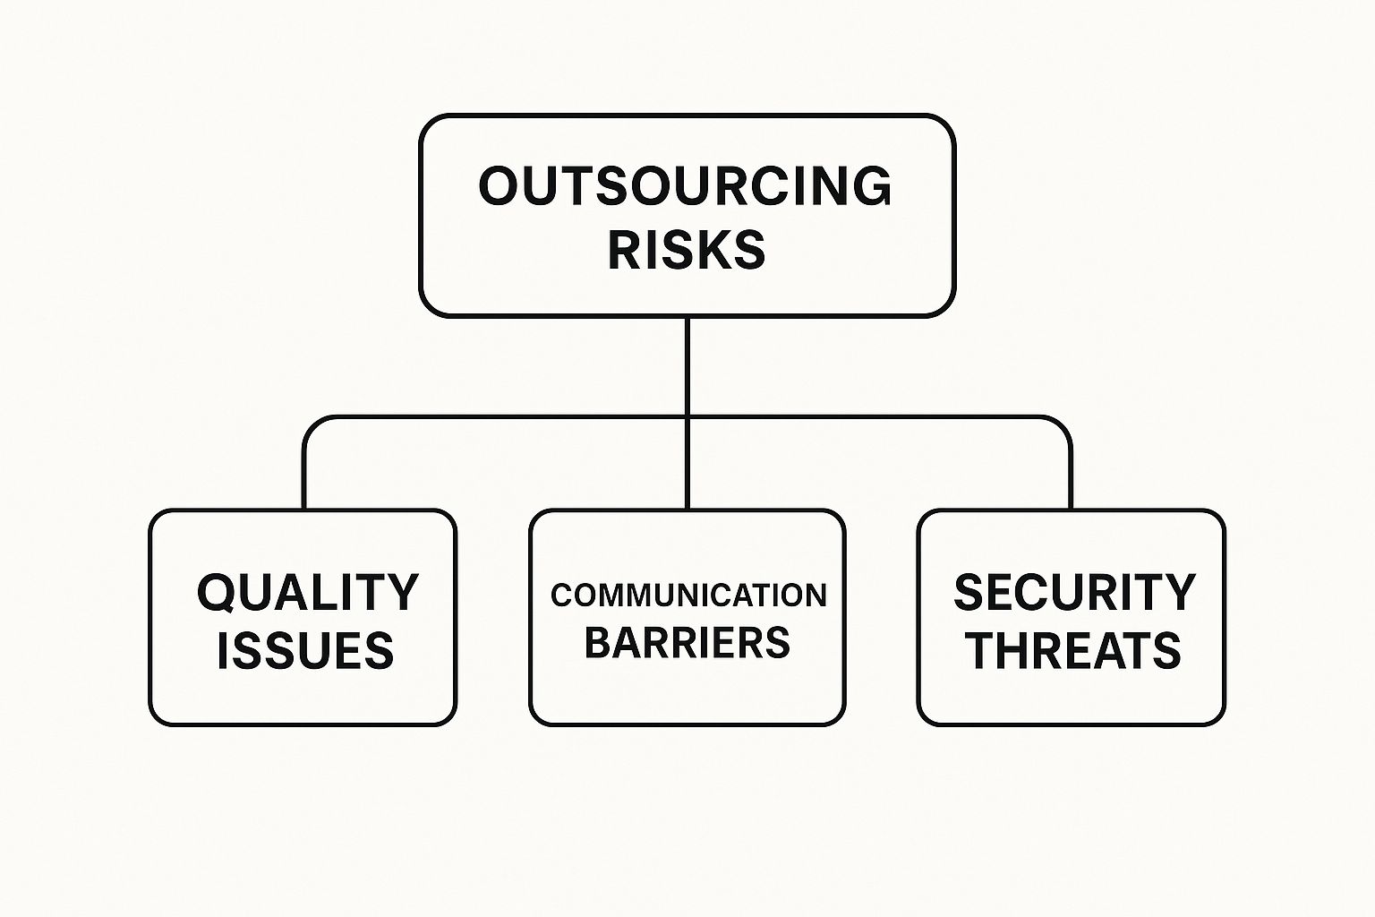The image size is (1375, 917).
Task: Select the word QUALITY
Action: point(308,593)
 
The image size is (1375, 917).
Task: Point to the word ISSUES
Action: point(305,650)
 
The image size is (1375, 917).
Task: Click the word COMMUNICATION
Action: point(688,596)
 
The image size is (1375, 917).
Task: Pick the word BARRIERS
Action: point(687,642)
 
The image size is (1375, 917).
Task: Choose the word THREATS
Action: point(1074,650)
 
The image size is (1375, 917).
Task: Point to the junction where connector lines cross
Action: point(687,417)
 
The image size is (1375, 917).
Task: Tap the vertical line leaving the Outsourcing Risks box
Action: point(687,366)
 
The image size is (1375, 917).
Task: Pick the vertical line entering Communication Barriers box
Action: point(687,464)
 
